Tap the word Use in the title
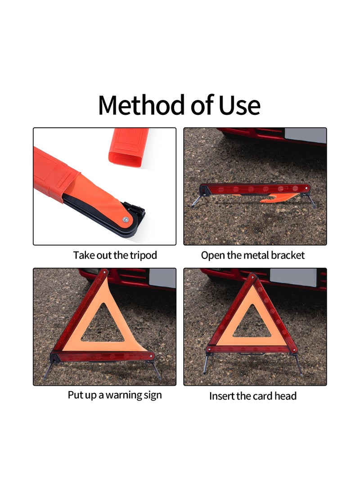[239, 105]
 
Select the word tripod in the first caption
[141, 256]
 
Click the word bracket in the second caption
[287, 256]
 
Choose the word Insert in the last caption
[221, 396]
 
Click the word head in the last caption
[286, 396]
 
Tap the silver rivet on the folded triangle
[126, 219]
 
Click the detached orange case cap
[128, 145]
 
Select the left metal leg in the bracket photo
[196, 201]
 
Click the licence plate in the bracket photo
[305, 135]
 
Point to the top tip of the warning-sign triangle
[105, 271]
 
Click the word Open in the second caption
[211, 256]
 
